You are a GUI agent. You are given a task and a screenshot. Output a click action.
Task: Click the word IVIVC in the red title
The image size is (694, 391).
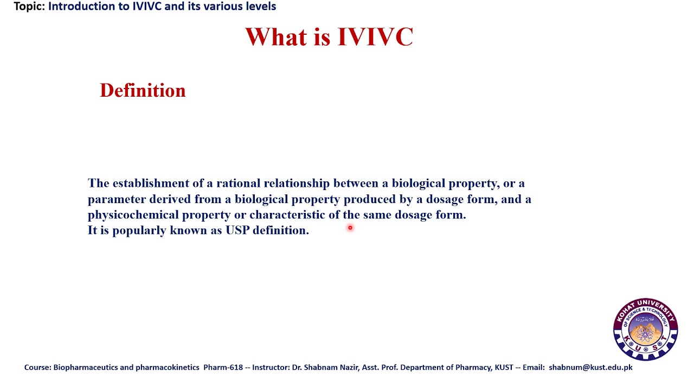click(x=375, y=37)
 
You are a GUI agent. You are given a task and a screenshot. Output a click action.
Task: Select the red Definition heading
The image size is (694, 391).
click(x=143, y=90)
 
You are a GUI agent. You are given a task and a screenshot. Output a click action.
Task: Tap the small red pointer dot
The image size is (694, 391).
click(x=350, y=228)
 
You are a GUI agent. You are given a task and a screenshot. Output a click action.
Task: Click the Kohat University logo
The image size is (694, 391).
click(x=645, y=329)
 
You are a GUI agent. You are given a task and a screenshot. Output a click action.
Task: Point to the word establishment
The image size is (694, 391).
click(x=151, y=183)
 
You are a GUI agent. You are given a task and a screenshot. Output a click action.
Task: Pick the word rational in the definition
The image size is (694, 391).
click(x=238, y=183)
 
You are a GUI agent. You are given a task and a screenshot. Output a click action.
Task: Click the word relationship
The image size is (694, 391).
click(x=297, y=183)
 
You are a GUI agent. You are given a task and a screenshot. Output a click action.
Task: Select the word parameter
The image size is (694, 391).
click(x=117, y=199)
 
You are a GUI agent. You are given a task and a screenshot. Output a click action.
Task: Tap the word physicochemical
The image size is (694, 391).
click(x=133, y=215)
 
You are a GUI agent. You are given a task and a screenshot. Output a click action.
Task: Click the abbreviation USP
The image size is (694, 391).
click(x=237, y=230)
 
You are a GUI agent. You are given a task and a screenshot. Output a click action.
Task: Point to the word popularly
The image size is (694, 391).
click(x=139, y=230)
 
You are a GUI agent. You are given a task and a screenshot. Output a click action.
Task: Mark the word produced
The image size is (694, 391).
click(x=369, y=199)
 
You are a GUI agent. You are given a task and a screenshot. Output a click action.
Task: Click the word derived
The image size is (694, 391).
click(x=170, y=199)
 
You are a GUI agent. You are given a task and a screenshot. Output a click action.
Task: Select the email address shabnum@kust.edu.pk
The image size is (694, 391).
click(x=590, y=367)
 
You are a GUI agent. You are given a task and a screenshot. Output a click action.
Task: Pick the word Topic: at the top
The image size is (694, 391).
click(x=29, y=7)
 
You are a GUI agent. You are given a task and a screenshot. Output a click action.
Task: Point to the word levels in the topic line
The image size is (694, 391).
click(x=260, y=7)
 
